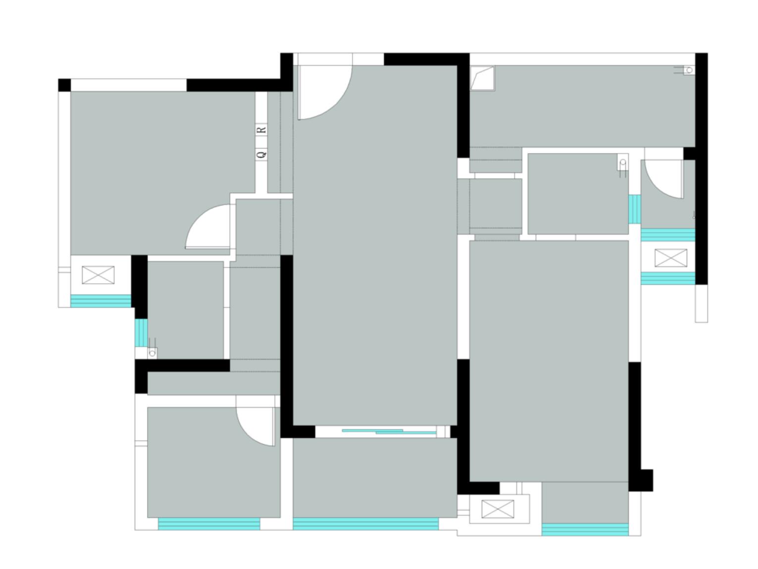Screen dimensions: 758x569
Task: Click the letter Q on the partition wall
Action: (x=262, y=153)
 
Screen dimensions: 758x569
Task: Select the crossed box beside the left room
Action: (x=98, y=275)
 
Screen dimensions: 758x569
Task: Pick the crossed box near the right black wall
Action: (x=671, y=258)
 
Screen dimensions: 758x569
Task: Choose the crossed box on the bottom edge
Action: (x=498, y=509)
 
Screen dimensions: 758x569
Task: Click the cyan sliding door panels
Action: (x=389, y=431)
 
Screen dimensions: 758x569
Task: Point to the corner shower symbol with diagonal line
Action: (x=482, y=78)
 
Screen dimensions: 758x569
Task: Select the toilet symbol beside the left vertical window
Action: (x=152, y=348)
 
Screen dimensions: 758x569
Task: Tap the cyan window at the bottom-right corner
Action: (x=585, y=529)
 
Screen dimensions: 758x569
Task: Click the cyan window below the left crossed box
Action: (x=101, y=301)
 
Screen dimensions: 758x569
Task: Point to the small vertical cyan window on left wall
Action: (x=141, y=332)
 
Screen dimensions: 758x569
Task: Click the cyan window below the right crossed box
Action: (x=668, y=278)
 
